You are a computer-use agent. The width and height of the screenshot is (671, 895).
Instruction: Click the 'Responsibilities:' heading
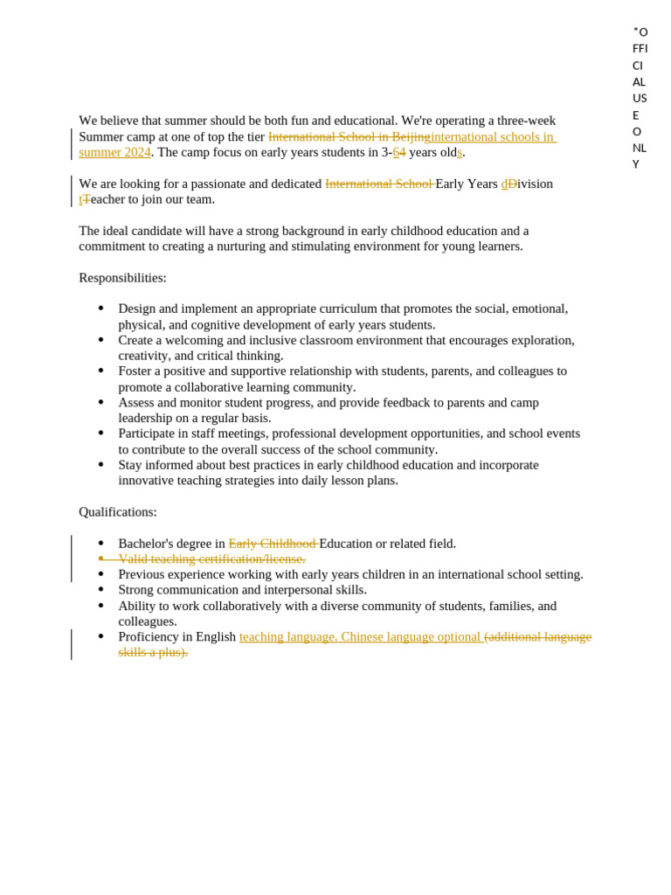point(122,278)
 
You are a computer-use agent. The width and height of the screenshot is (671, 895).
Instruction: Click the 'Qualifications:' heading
point(118,512)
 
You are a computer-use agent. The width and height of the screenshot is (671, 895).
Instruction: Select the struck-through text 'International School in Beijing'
point(349,137)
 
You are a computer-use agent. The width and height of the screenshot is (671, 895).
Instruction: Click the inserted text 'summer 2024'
point(114,153)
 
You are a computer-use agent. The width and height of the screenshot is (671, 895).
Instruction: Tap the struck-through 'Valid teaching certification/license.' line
point(211,559)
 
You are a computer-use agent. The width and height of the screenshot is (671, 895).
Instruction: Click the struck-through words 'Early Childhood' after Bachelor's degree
point(273,544)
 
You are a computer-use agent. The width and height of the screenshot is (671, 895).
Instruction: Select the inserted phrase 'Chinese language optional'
point(411,637)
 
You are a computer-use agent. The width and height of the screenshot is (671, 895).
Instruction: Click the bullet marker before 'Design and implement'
point(101,309)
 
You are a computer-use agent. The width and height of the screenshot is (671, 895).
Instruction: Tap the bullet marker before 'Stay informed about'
point(101,465)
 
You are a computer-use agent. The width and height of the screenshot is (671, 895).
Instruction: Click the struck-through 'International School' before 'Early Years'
point(378,184)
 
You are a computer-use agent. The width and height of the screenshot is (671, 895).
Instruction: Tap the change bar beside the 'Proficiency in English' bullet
point(72,644)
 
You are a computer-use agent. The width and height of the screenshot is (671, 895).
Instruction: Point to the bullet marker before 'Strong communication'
point(101,590)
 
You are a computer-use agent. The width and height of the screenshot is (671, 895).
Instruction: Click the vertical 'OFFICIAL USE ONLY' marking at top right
point(640,97)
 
